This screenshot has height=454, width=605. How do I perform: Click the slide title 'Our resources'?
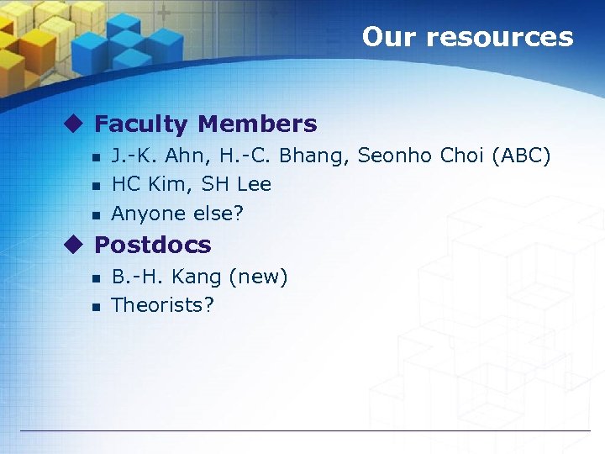pos(467,37)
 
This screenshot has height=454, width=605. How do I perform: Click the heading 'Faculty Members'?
pos(205,124)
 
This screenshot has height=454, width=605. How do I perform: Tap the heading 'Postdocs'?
pos(152,245)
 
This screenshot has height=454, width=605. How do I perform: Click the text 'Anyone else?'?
pos(177,214)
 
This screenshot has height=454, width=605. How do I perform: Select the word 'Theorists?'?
pos(162,305)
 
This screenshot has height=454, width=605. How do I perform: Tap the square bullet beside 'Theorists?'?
pos(96,307)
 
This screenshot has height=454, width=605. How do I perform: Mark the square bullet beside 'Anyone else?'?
pos(96,215)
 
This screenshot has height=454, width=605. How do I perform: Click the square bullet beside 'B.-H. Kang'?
pos(96,278)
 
